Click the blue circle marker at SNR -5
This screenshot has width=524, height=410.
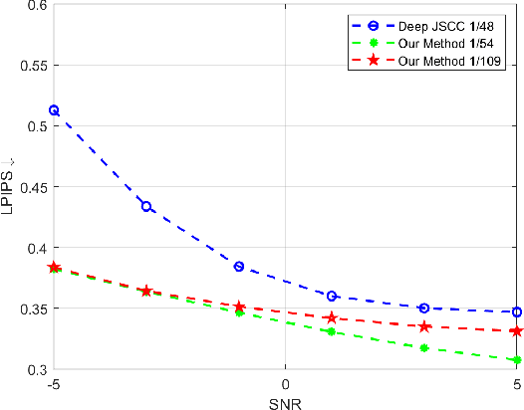pyautogui.click(x=54, y=110)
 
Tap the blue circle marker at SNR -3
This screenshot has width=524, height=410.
pyautogui.click(x=146, y=206)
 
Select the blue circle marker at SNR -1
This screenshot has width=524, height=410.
pyautogui.click(x=239, y=267)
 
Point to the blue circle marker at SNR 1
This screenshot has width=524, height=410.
pyautogui.click(x=332, y=296)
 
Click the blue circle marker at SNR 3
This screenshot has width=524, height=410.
pyautogui.click(x=424, y=307)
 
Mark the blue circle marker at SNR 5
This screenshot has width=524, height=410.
pyautogui.click(x=517, y=311)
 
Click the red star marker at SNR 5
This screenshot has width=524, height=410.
pyautogui.click(x=517, y=330)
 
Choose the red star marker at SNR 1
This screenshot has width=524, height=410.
pyautogui.click(x=332, y=317)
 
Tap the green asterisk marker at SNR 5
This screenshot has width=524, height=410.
pyautogui.click(x=517, y=359)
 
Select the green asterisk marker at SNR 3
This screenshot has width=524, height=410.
pyautogui.click(x=424, y=347)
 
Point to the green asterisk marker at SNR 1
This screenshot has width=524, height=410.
pyautogui.click(x=332, y=331)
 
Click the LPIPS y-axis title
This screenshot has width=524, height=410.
pyautogui.click(x=11, y=186)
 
